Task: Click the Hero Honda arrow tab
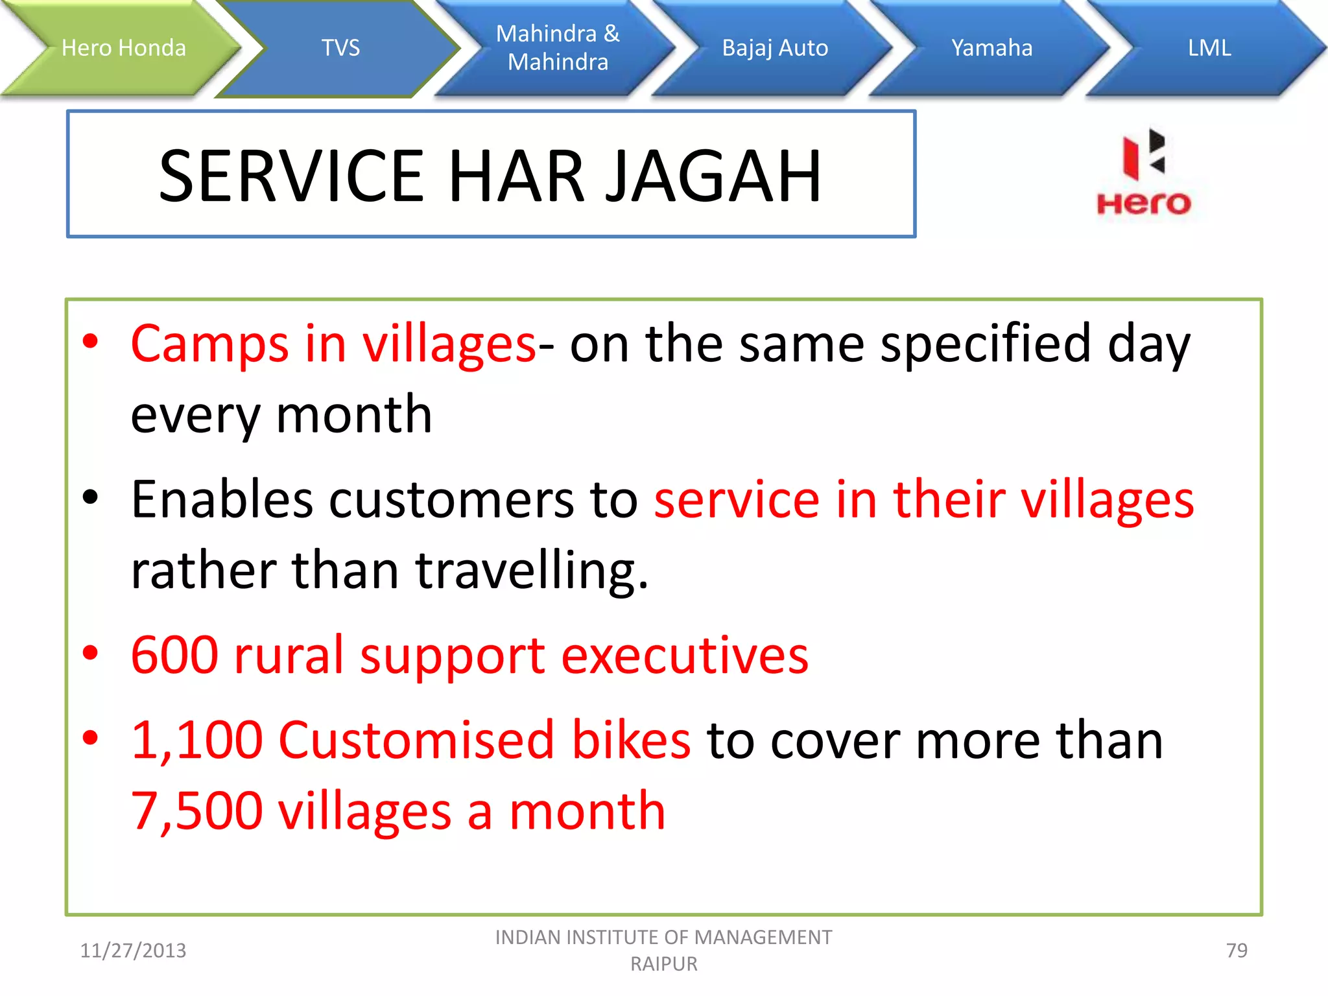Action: [x=123, y=48]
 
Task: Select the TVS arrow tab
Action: [x=340, y=48]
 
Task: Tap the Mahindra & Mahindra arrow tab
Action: [x=558, y=48]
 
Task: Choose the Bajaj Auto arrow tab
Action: [x=775, y=48]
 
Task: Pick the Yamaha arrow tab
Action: [x=991, y=48]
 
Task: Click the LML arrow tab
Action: [x=1209, y=48]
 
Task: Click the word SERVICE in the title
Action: [x=291, y=176]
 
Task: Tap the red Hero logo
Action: [x=1143, y=174]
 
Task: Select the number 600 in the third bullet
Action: [x=174, y=656]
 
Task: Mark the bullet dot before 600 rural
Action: [x=90, y=654]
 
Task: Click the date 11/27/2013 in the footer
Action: [x=133, y=951]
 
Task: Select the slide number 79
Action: [x=1237, y=951]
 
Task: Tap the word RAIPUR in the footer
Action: [x=664, y=964]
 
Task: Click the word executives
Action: [x=685, y=656]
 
